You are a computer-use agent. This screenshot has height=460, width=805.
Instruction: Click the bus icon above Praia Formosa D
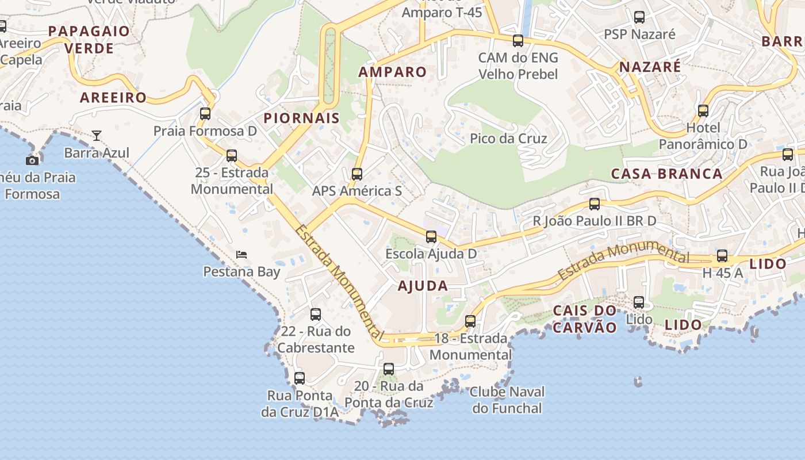pos(205,113)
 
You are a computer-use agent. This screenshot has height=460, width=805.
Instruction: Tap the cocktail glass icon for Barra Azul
pos(97,136)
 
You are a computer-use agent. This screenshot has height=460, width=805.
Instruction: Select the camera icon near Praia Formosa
pos(32,160)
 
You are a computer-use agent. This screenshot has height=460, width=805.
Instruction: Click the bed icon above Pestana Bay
pos(241,254)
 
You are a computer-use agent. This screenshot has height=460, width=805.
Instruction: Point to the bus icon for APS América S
pos(357,174)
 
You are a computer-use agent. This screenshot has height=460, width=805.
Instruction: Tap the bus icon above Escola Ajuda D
pos(431,236)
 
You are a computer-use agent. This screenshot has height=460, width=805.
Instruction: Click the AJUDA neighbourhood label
pos(423,286)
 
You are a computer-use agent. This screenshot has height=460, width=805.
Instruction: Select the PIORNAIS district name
pos(301,118)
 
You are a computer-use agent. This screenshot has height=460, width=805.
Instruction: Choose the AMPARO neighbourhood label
pos(392,72)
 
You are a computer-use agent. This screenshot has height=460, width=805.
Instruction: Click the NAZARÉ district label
pos(650,67)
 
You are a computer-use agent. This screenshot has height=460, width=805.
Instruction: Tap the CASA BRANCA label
pos(666,174)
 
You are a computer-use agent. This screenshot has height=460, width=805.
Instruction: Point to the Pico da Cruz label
pos(508,139)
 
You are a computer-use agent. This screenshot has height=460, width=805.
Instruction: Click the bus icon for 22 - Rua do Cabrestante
pos(316,315)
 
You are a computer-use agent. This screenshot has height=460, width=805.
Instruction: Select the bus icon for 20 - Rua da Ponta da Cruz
pos(389,369)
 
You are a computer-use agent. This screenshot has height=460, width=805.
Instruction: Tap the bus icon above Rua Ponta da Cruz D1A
pos(300,378)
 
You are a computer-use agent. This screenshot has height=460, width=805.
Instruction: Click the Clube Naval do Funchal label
pos(506,400)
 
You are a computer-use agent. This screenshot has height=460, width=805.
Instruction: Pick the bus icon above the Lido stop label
pos(639,302)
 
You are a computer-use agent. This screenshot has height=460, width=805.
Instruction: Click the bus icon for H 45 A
pos(722,256)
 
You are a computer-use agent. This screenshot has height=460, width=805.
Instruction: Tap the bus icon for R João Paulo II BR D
pos(595,204)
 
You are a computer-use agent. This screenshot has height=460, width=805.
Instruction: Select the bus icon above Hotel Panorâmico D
pos(703,110)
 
